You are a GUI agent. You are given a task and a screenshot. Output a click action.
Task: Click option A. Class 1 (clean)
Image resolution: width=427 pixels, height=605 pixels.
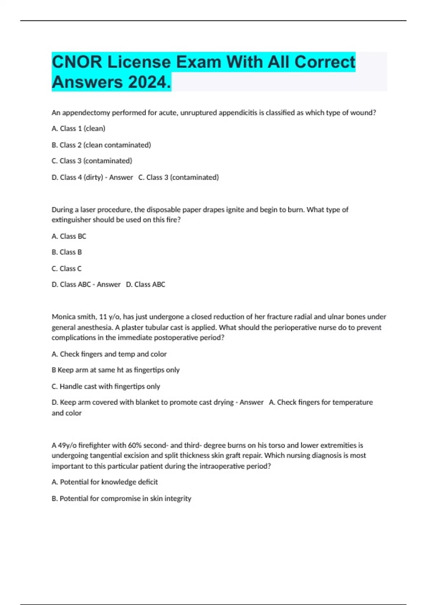pyautogui.click(x=78, y=128)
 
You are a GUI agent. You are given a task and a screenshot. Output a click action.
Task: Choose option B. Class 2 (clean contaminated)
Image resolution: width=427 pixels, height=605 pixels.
pyautogui.click(x=101, y=145)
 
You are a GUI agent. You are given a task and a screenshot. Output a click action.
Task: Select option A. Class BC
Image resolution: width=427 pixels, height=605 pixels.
pyautogui.click(x=69, y=236)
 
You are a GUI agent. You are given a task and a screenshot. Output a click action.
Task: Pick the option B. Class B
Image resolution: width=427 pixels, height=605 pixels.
pyautogui.click(x=67, y=252)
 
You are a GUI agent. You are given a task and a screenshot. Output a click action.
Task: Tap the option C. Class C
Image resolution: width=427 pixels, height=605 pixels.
pyautogui.click(x=67, y=268)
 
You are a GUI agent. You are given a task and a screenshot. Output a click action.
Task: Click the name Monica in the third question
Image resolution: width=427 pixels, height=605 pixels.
pyautogui.click(x=64, y=317)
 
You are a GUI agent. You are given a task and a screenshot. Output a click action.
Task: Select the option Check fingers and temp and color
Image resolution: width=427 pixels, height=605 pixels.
pyautogui.click(x=109, y=354)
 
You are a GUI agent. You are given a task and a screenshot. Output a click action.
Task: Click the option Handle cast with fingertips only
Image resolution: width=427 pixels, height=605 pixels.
pyautogui.click(x=106, y=386)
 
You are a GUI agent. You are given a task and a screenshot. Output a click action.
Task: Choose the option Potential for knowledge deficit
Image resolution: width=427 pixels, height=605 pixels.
pyautogui.click(x=105, y=482)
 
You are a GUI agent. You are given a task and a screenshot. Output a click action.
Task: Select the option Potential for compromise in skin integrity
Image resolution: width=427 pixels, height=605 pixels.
pyautogui.click(x=121, y=498)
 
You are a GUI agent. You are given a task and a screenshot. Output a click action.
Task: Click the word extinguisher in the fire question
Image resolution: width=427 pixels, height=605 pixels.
pyautogui.click(x=71, y=220)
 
